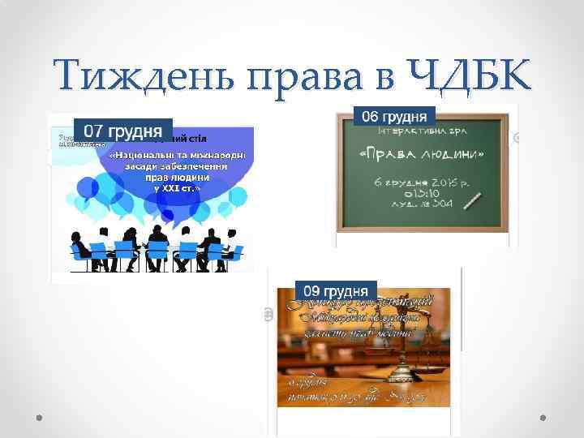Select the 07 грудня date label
point(123,130)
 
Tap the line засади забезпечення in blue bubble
point(180,165)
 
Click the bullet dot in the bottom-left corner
point(40,417)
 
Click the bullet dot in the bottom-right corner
point(543,417)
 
